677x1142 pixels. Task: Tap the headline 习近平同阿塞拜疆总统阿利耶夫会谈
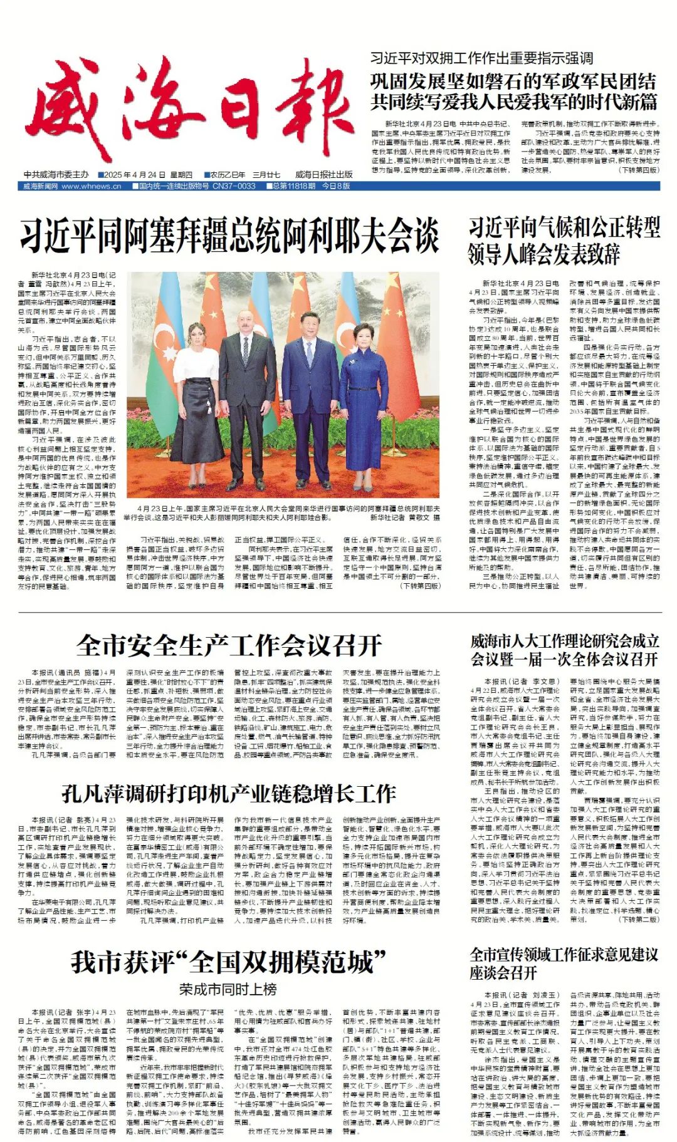coord(229,236)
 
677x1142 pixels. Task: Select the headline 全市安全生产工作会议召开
coord(229,645)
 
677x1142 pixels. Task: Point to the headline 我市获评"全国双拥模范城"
coord(229,962)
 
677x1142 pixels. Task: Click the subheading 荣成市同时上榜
coord(228,990)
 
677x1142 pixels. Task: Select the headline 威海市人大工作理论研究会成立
coord(564,641)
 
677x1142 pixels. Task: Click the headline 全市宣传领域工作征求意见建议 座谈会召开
coord(564,963)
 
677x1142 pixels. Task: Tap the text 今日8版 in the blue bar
coord(336,187)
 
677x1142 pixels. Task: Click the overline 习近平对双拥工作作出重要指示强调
coord(481,59)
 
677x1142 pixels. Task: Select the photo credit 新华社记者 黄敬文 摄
coord(405,518)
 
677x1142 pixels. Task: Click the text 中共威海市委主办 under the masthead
coord(56,175)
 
